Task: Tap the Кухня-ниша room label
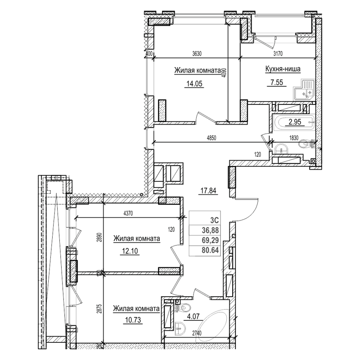(x=282, y=69)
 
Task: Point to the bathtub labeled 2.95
(x=295, y=122)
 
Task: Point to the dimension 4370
(x=130, y=213)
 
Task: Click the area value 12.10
(x=130, y=251)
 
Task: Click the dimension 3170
(x=279, y=54)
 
